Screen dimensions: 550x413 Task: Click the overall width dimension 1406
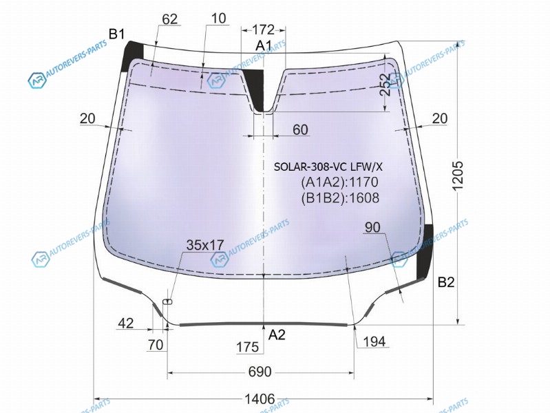point(260,399)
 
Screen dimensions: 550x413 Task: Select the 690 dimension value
point(260,372)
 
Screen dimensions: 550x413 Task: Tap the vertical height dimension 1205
point(458,176)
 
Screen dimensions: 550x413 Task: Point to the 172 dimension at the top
point(263,30)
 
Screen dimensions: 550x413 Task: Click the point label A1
point(264,45)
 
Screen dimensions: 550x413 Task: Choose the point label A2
point(277,335)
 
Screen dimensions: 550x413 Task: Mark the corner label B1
point(116,34)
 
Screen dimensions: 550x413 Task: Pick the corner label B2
point(446,282)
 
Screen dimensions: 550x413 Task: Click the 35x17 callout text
point(205,245)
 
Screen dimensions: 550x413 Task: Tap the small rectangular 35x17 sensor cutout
point(168,301)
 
